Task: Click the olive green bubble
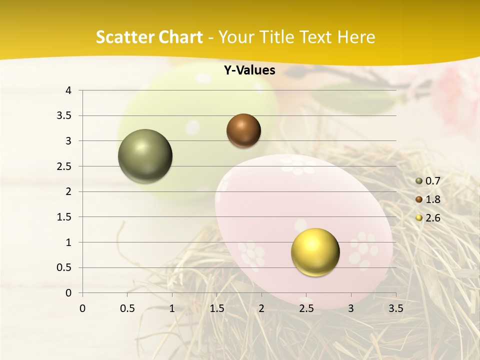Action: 145,156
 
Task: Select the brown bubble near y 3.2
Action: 243,130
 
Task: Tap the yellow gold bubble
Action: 315,252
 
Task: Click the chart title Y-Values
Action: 249,70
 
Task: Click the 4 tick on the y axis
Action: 68,90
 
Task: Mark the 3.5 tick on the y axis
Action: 64,116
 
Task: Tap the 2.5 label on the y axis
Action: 64,166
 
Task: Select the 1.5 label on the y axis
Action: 64,217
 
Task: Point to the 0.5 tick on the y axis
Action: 64,267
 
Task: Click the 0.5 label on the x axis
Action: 127,308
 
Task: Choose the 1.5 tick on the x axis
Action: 216,308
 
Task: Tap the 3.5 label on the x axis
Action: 395,308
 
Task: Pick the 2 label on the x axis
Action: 261,308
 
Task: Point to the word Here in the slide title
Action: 356,37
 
